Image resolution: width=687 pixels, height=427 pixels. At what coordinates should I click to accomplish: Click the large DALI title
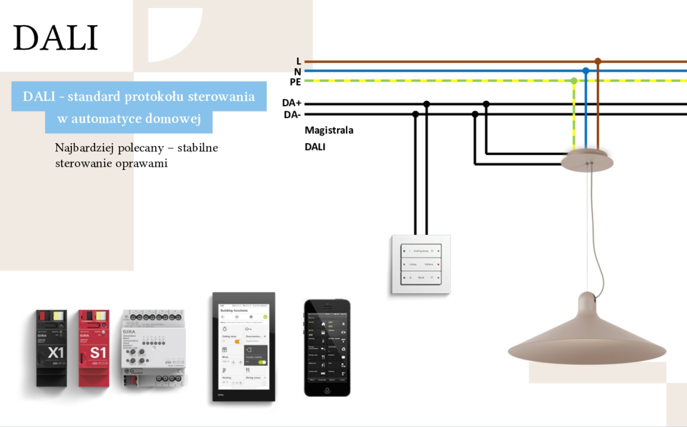point(55,37)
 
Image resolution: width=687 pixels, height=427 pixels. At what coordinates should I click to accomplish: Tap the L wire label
point(298,62)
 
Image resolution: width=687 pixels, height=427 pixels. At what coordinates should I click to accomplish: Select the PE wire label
point(295,82)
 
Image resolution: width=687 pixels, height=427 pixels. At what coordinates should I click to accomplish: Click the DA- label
point(292,115)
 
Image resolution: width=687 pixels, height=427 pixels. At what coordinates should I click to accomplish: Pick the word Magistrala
point(329,130)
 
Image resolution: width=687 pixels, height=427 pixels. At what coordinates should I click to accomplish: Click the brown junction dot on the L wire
point(597,61)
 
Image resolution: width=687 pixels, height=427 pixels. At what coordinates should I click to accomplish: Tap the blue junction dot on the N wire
point(586,71)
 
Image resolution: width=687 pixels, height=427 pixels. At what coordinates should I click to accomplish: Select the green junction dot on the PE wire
point(574,81)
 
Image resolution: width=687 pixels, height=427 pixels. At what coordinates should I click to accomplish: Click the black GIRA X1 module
point(51,348)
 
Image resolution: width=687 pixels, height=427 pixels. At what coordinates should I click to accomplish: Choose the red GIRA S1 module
point(93,348)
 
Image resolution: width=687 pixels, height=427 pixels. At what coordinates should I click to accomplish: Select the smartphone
point(327,347)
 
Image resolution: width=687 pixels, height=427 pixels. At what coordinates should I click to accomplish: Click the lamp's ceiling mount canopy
point(587,160)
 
